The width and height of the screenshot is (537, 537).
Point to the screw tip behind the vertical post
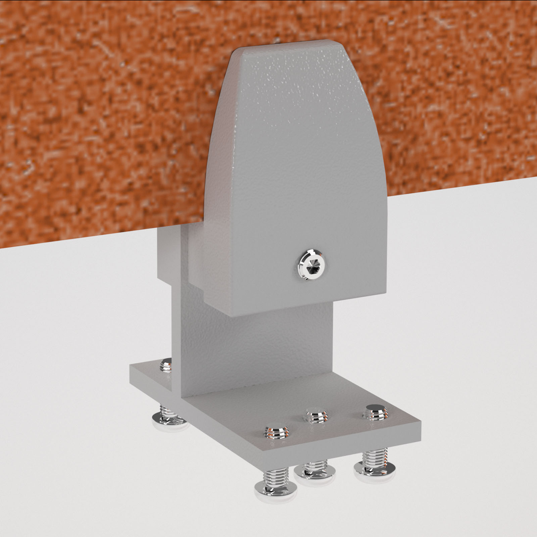click(166, 365)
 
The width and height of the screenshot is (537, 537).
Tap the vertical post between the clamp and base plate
click(255, 346)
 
